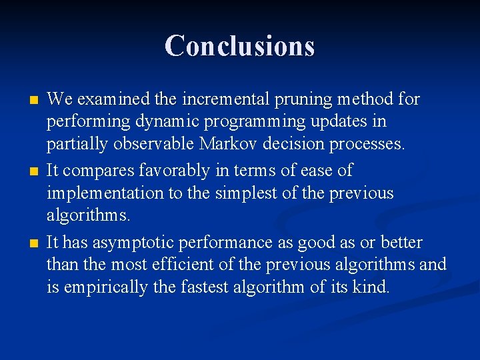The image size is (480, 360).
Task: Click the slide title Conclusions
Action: pos(239,46)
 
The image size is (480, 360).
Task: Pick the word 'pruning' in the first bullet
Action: pos(300,100)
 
